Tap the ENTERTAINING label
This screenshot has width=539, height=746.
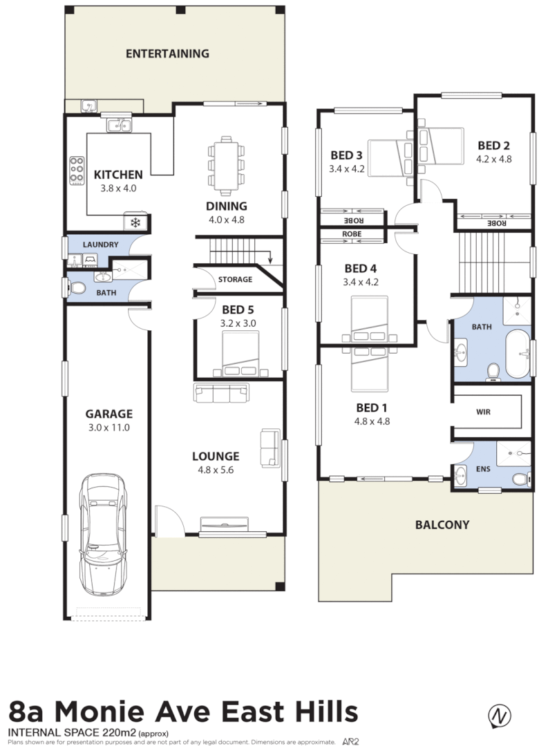tap(167, 53)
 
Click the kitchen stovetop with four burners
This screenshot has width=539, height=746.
tap(76, 169)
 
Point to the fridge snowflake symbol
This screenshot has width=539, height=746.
tap(136, 222)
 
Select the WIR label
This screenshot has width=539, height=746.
tap(484, 411)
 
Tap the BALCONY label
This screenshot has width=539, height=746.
tap(442, 524)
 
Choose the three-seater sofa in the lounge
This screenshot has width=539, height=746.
tap(222, 394)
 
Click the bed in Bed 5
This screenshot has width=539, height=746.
tap(240, 354)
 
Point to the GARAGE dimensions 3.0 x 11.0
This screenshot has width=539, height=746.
tap(108, 428)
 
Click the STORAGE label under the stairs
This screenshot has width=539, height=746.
tap(235, 280)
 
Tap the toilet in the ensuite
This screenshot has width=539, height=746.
tap(519, 479)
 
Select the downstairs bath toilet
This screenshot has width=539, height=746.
tap(77, 287)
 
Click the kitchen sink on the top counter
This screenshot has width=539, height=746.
tap(120, 125)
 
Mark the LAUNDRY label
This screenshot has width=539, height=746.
tap(101, 245)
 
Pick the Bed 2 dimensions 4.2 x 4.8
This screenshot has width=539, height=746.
tap(493, 158)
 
